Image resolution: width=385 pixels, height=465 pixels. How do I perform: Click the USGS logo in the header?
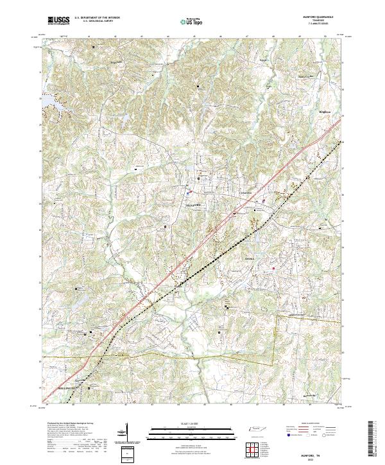click(58, 21)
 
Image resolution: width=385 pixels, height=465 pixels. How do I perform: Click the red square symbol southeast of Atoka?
click(274, 268)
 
